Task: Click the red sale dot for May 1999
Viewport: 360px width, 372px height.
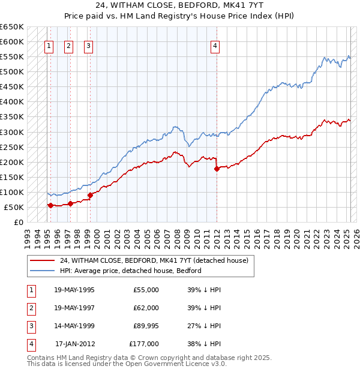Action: (90, 195)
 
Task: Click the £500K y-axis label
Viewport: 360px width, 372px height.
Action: (12, 71)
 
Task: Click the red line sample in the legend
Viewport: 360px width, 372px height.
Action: (42, 260)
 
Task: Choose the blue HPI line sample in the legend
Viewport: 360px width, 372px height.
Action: (42, 271)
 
